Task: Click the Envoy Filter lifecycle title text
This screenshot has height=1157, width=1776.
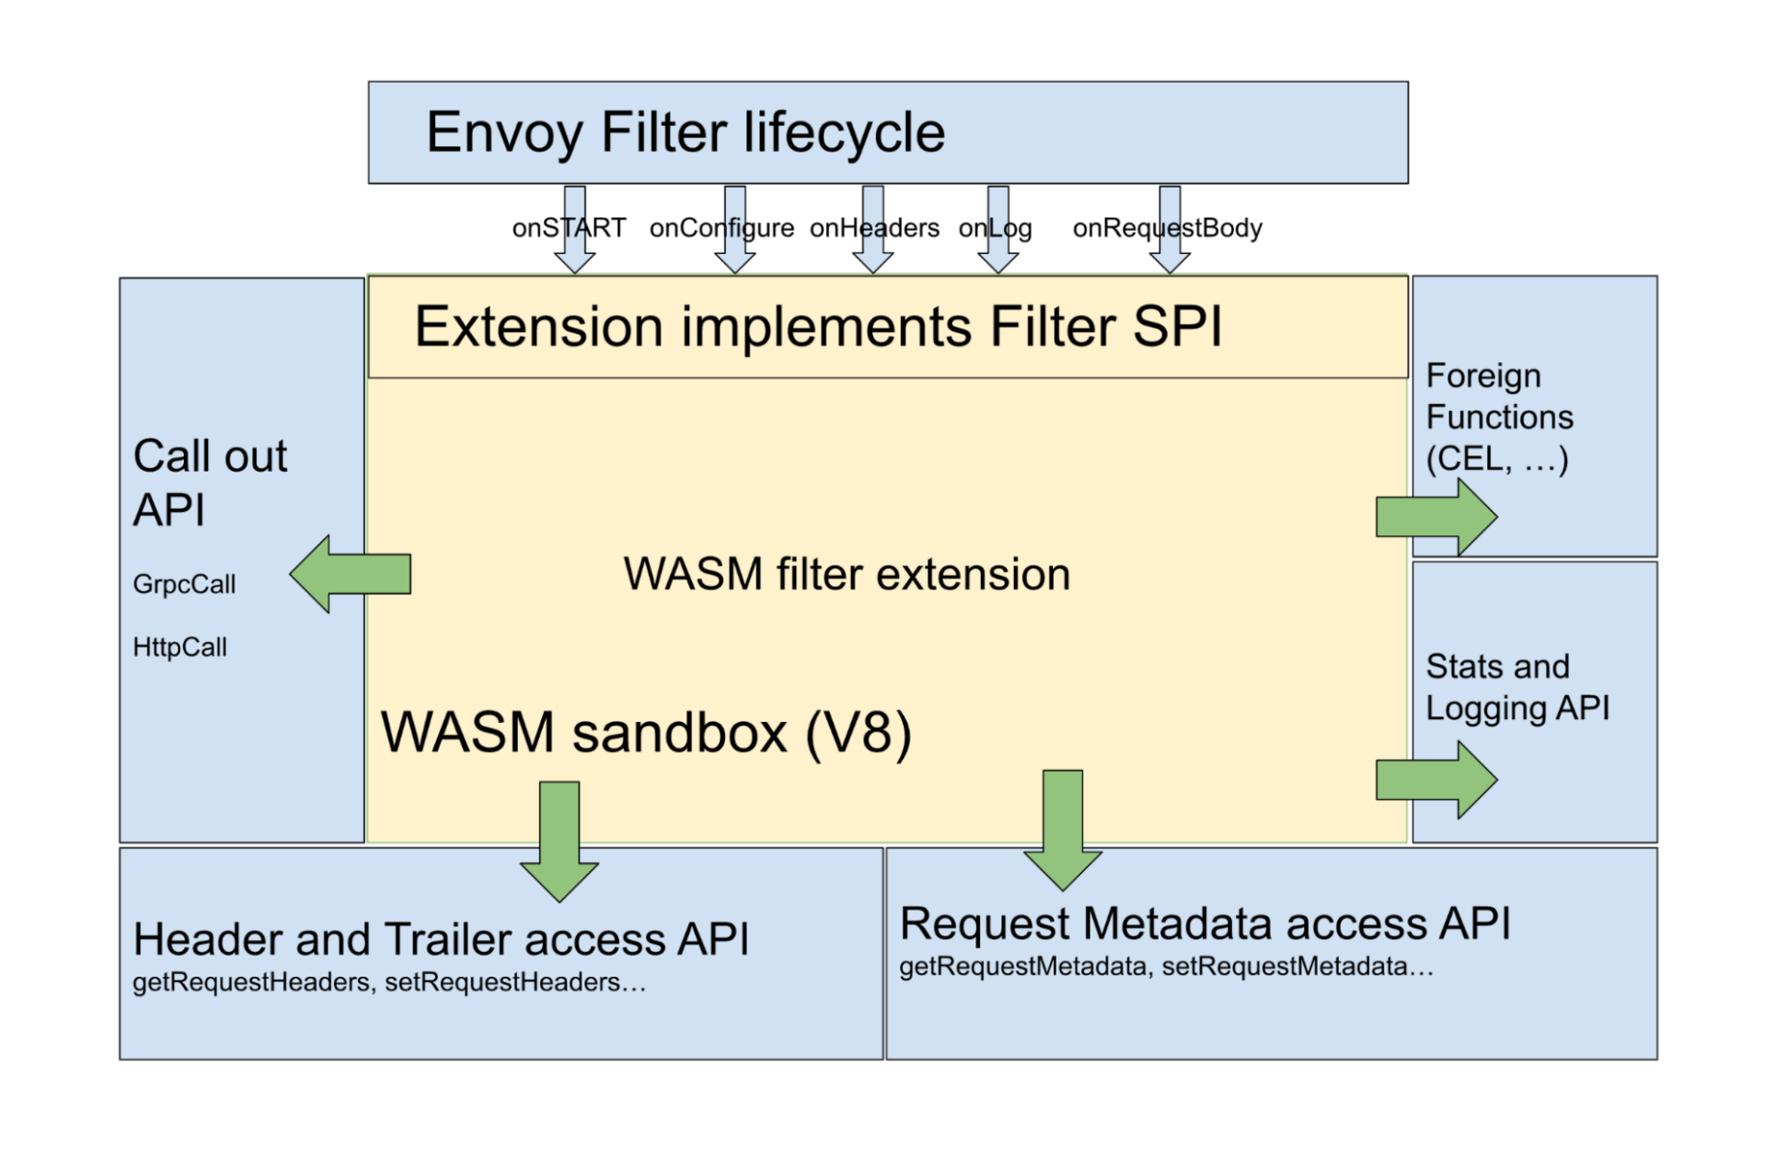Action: click(x=685, y=132)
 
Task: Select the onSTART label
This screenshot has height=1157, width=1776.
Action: click(x=569, y=228)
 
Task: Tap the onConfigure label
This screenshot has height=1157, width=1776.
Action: click(x=721, y=228)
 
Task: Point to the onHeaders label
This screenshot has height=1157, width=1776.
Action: click(x=874, y=228)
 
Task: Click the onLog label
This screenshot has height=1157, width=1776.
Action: click(x=995, y=228)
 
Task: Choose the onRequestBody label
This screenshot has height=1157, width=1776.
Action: click(x=1167, y=228)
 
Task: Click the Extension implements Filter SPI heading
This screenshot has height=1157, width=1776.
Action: click(x=817, y=327)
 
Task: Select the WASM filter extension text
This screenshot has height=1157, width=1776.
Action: click(x=847, y=575)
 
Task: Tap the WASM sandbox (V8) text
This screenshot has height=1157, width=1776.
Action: click(x=646, y=733)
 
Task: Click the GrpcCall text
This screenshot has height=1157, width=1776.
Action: click(x=184, y=585)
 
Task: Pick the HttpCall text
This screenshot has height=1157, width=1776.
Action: click(x=179, y=647)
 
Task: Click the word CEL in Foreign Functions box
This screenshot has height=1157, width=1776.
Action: click(x=1469, y=459)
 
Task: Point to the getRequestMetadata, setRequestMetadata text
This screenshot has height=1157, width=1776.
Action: click(x=1165, y=967)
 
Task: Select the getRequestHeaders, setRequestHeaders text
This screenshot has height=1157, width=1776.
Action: click(x=389, y=982)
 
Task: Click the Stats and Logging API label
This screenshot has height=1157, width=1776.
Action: click(x=1517, y=688)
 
